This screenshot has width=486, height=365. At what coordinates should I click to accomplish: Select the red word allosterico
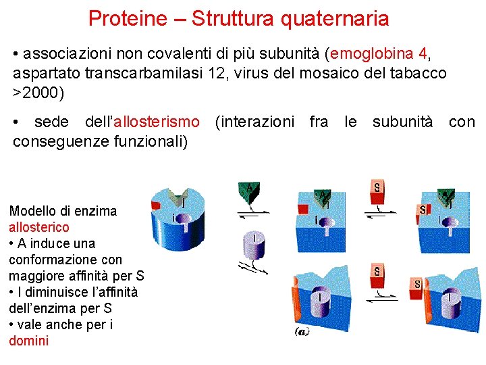coord(39,227)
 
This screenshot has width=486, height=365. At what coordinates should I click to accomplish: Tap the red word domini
coord(29,341)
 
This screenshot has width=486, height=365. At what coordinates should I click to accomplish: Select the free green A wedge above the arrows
coord(249,192)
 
